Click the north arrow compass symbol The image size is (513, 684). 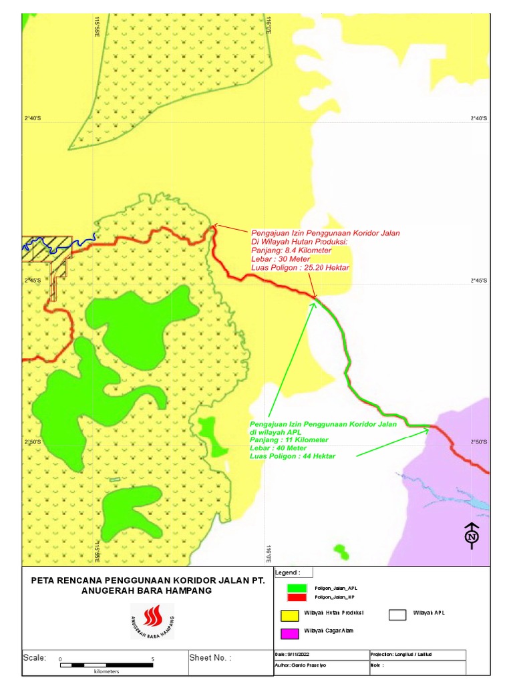[x=472, y=535]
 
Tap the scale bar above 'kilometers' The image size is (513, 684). [x=106, y=665]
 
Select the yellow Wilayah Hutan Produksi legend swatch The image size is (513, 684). [x=289, y=613]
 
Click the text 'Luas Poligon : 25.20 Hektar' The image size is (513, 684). [x=300, y=267]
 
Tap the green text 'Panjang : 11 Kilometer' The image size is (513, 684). [x=289, y=440]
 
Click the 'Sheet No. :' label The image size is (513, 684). [x=210, y=658]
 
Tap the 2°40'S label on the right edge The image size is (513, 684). [x=478, y=118]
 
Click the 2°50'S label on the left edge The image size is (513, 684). [x=32, y=442]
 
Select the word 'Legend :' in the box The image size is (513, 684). [x=288, y=572]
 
